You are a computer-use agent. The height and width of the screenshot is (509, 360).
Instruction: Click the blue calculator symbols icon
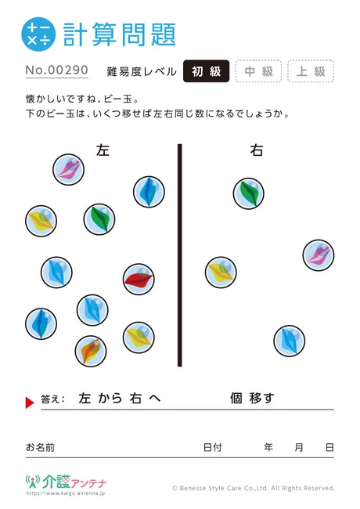coord(38,34)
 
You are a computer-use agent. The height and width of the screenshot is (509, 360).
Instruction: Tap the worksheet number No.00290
coord(57,70)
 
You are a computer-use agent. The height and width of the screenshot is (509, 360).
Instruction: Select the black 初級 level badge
coord(207,71)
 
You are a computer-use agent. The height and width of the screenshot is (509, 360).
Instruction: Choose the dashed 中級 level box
coord(258,71)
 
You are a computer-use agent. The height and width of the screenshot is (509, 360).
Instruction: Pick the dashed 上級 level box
coord(311,71)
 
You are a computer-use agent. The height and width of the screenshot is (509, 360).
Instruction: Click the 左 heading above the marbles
coord(103,150)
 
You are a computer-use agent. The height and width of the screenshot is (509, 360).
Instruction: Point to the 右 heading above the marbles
coord(257,150)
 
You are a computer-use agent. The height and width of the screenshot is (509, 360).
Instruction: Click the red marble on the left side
coord(139,280)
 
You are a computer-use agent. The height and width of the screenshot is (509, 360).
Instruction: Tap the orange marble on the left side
coord(91,352)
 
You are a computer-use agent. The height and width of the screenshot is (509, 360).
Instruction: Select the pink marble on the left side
coord(68,169)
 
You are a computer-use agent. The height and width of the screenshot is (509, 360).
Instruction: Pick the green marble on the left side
coord(99,219)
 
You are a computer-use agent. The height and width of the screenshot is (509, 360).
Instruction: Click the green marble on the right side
coord(248,193)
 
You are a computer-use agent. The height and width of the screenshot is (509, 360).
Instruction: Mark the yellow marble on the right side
coord(221,273)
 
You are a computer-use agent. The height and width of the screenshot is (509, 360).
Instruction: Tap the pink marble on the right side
coord(319,255)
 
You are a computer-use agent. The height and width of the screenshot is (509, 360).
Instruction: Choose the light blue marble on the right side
coord(290,341)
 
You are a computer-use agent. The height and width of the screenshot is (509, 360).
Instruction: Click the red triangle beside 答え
coord(30,403)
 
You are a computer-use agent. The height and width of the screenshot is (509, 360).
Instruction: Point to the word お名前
coord(40,447)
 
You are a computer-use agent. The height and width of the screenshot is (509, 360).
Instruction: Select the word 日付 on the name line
coord(212,447)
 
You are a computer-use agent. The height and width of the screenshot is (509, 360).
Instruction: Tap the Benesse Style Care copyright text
coord(254,488)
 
